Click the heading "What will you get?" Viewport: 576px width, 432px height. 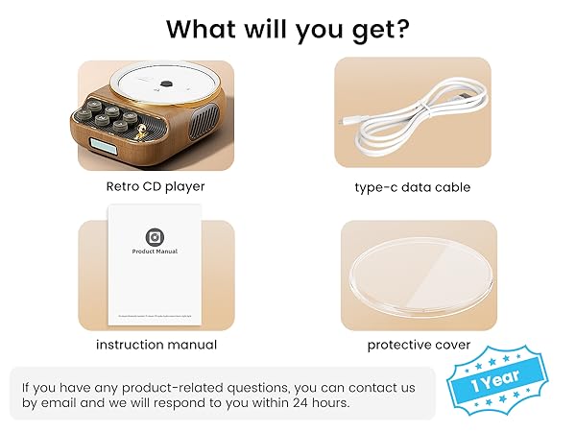coord(288,28)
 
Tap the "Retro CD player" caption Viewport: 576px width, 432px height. coord(156,186)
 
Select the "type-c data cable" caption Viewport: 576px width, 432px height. coord(413,187)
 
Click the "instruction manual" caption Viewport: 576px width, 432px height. coord(156,344)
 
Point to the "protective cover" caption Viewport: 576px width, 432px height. coord(419,344)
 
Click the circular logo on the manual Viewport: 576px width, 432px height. coord(155,236)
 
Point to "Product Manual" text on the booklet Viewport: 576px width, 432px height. coord(155,252)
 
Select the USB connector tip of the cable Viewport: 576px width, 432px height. coord(348,124)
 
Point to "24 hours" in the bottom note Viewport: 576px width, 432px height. coord(324,404)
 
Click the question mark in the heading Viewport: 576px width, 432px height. coord(402,28)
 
